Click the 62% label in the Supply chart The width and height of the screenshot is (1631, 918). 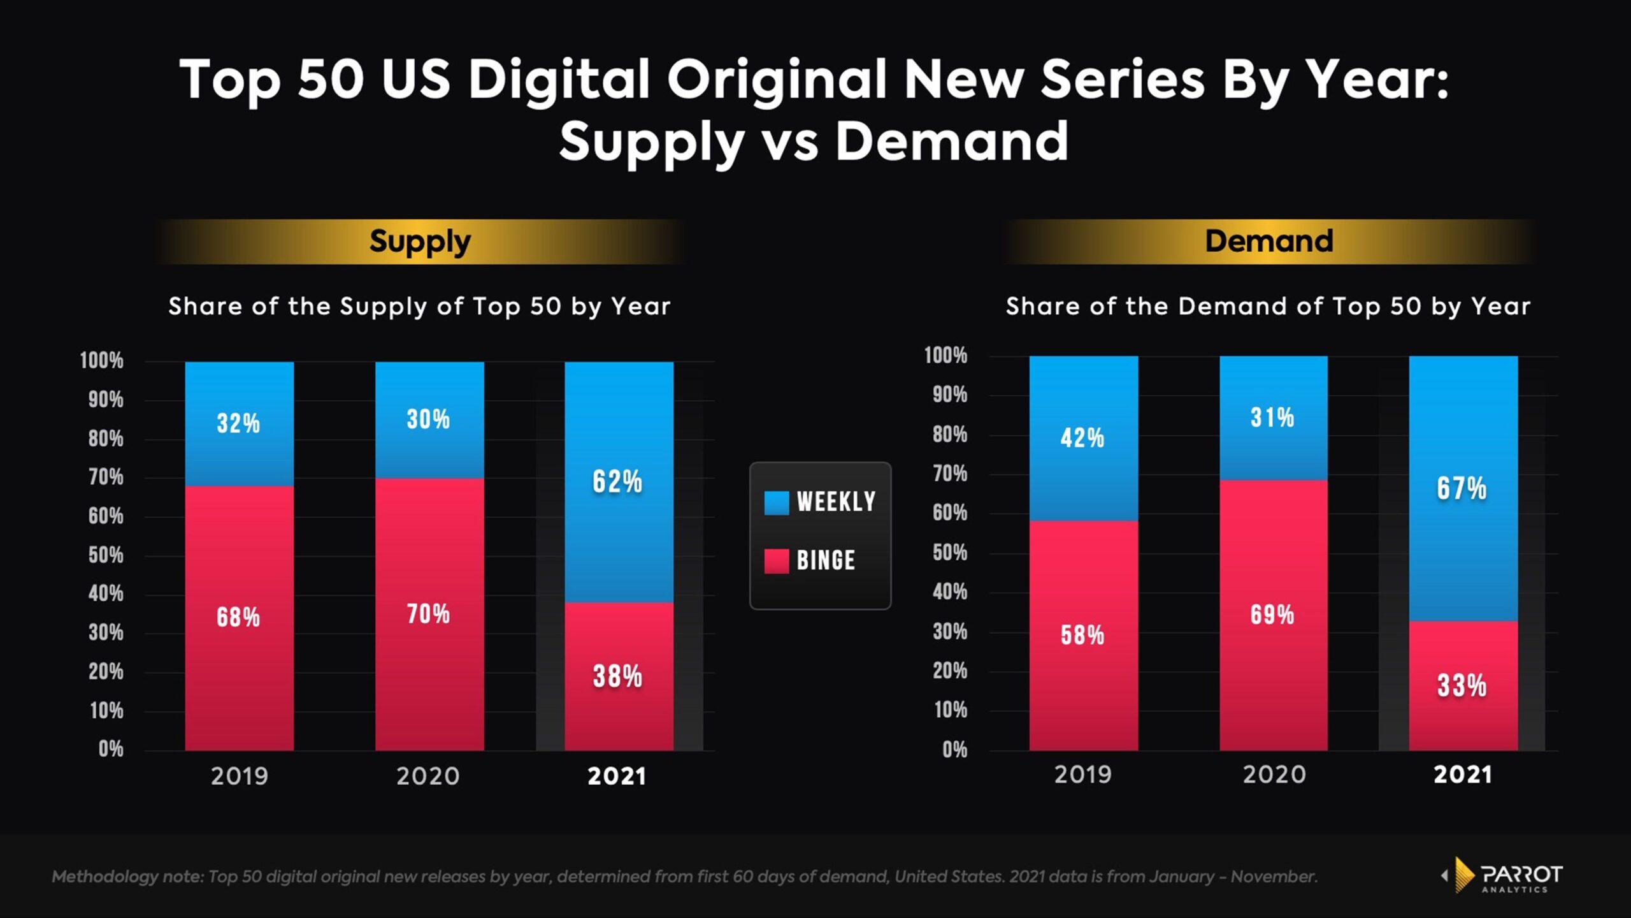coord(617,481)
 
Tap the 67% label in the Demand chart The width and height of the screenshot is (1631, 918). coord(1462,489)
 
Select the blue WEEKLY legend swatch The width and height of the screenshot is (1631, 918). coord(776,502)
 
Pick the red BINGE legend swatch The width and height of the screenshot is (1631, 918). coord(776,561)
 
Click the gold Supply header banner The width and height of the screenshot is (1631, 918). coord(420,242)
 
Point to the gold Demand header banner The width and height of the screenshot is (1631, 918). coord(1268,242)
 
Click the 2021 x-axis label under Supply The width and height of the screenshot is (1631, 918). coord(617,776)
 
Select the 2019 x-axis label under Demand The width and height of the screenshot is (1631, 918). coord(1082,775)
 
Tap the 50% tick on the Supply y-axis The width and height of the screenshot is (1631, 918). coord(106,555)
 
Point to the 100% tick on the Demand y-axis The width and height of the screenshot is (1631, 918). coord(945,356)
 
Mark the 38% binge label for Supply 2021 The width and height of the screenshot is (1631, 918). coord(617,676)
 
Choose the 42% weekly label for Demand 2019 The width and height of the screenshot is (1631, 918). coord(1082,438)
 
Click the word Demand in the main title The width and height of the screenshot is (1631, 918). coord(951,142)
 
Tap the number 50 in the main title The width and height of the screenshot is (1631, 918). coord(331,80)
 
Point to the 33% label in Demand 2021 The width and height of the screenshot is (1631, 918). coord(1462,686)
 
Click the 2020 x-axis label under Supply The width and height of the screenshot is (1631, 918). coord(428,776)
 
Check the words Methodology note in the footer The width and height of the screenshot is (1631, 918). coord(127,877)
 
